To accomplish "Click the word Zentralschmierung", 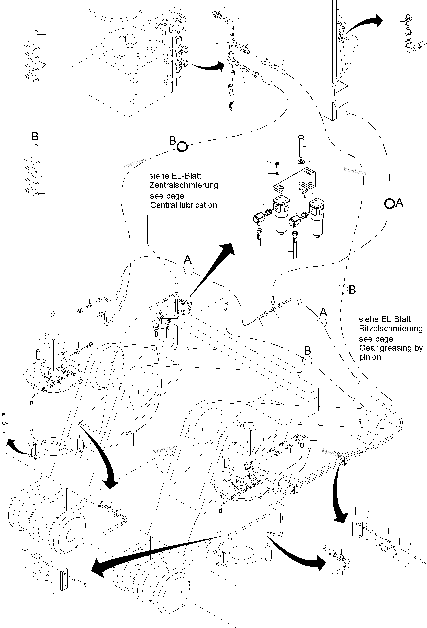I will (184, 185).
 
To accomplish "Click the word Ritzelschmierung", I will (390, 328).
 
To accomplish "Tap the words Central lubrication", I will (183, 205).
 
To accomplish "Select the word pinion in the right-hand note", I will (370, 357).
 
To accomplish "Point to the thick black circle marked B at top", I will (182, 147).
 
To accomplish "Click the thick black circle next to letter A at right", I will (389, 203).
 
